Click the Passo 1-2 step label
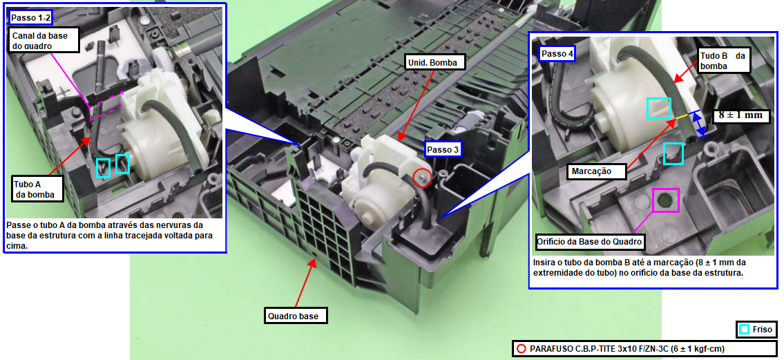click(30, 18)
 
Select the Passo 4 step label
click(557, 54)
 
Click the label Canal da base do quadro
click(44, 40)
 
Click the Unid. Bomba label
click(434, 62)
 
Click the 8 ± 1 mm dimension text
click(741, 115)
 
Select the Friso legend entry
click(757, 330)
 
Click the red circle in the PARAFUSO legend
click(522, 348)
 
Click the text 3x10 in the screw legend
click(630, 348)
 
